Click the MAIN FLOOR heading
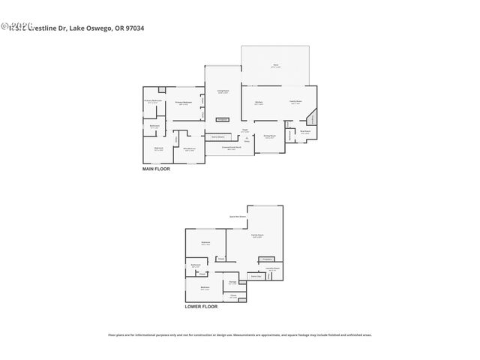pyautogui.click(x=156, y=169)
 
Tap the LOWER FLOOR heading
pyautogui.click(x=201, y=306)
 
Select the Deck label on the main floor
pyautogui.click(x=275, y=66)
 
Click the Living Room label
pyautogui.click(x=223, y=91)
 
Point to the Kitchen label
pyautogui.click(x=258, y=102)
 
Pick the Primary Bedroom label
pyautogui.click(x=184, y=103)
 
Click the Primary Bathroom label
pyautogui.click(x=153, y=101)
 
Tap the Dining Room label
pyautogui.click(x=269, y=136)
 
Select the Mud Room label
pyautogui.click(x=305, y=132)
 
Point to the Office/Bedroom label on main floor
pyautogui.click(x=190, y=149)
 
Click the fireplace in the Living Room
pyautogui.click(x=222, y=119)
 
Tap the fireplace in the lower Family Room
pyautogui.click(x=267, y=259)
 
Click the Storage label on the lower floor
pyautogui.click(x=232, y=283)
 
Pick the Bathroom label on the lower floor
pyautogui.click(x=196, y=265)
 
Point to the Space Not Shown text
pyautogui.click(x=238, y=217)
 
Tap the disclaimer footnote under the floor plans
pyautogui.click(x=240, y=335)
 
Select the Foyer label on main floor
pyautogui.click(x=244, y=130)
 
